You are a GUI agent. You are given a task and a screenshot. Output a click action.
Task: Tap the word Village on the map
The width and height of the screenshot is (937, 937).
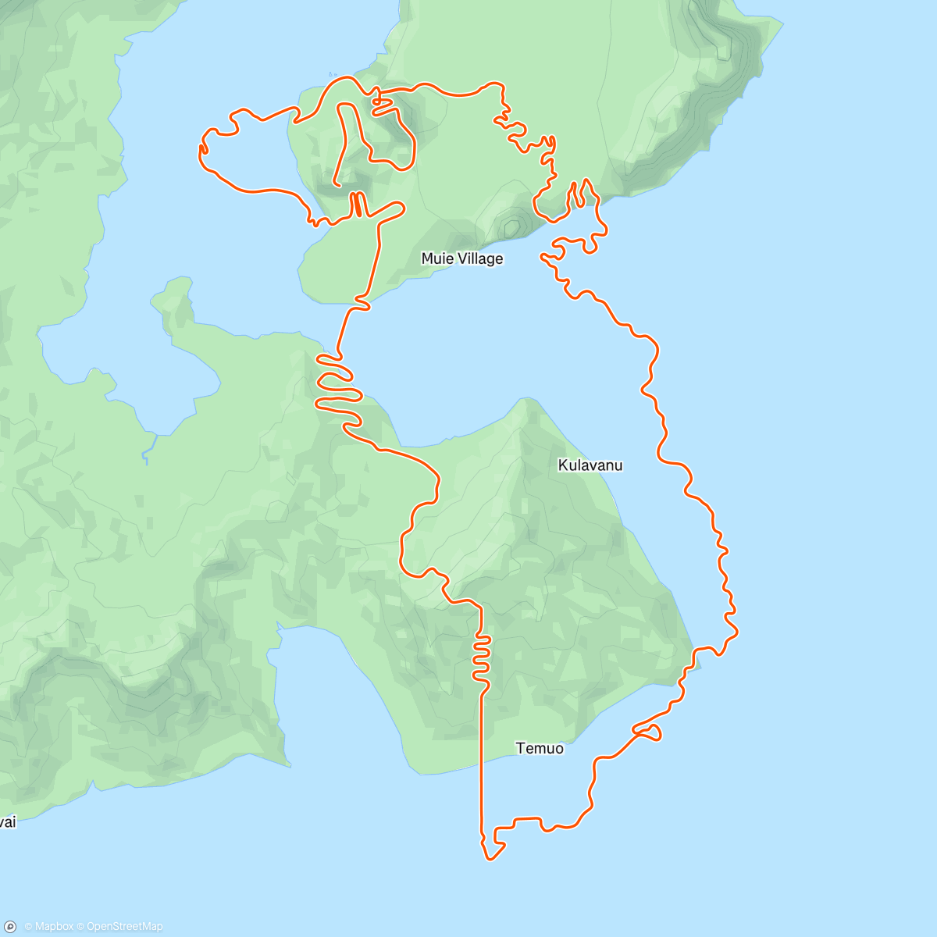click(479, 258)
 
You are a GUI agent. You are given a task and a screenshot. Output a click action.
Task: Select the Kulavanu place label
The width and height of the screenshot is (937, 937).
click(590, 465)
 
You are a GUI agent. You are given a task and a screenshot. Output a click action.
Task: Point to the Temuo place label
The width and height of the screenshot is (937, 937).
click(540, 748)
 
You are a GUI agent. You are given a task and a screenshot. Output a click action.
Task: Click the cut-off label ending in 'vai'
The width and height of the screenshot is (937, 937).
click(7, 822)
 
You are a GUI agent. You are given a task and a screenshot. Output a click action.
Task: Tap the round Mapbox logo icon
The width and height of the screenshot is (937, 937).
click(10, 927)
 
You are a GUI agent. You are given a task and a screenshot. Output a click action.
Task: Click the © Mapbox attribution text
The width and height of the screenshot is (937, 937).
click(48, 927)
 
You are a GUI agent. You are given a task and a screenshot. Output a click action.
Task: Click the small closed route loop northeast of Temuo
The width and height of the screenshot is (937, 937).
click(648, 732)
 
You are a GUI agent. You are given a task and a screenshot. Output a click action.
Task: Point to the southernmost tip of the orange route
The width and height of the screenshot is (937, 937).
click(490, 859)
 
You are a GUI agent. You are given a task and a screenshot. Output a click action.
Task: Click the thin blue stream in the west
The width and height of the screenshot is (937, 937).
click(148, 449)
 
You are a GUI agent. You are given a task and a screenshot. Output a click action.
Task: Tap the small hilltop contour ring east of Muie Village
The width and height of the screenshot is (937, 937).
click(511, 227)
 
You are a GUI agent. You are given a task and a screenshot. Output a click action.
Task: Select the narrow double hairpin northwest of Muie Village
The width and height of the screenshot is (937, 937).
click(356, 205)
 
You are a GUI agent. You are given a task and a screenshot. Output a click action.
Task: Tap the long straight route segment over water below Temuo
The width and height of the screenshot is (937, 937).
click(482, 765)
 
